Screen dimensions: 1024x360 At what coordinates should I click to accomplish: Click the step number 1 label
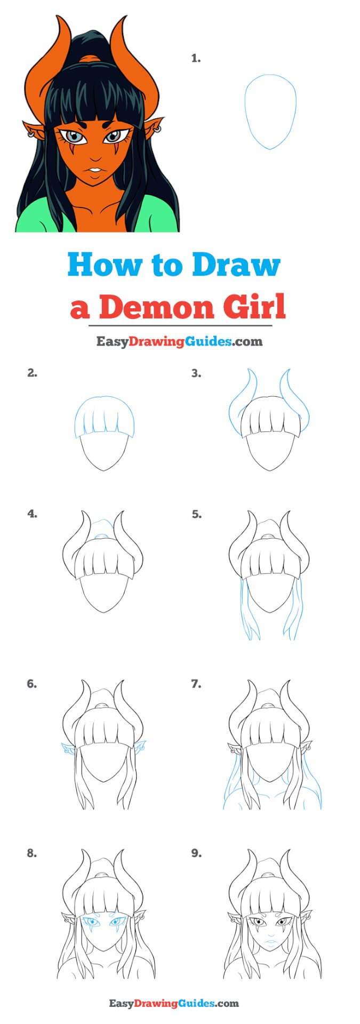click(196, 59)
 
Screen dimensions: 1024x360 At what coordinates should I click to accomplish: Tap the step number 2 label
click(32, 373)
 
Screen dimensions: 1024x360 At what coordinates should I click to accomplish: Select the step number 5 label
click(196, 515)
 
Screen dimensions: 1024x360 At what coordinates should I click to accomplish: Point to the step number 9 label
click(196, 853)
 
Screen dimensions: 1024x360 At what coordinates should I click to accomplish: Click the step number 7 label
click(196, 684)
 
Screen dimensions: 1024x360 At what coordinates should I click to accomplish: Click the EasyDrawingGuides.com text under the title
click(179, 341)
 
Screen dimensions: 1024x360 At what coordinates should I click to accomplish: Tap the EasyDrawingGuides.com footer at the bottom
click(174, 1004)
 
